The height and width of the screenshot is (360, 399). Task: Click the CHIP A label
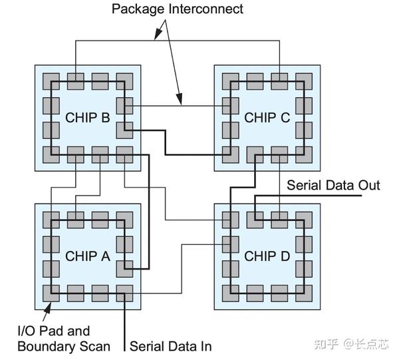(x=87, y=256)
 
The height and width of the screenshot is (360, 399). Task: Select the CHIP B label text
(x=87, y=118)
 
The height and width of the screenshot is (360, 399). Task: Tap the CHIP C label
(x=267, y=118)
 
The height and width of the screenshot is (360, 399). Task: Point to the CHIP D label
(x=267, y=256)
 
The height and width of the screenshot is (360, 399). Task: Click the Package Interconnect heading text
(x=177, y=9)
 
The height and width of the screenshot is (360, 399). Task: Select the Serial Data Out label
(x=333, y=185)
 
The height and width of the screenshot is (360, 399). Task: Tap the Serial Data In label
(x=170, y=345)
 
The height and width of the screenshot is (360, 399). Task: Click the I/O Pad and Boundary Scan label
(x=53, y=338)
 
